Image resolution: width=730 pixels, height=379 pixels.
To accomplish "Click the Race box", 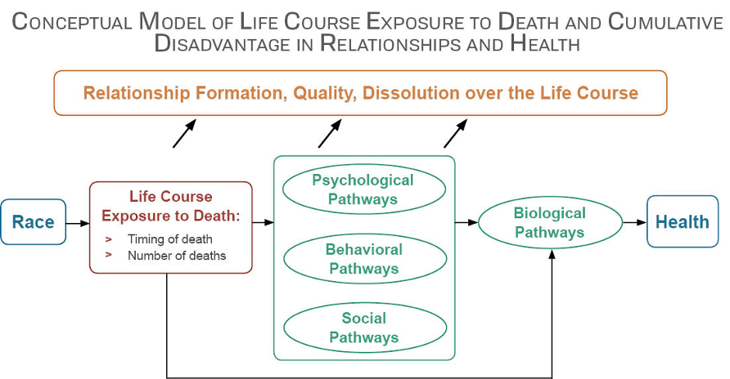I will point(33,222).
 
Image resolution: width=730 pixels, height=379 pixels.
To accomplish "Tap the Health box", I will point(683,222).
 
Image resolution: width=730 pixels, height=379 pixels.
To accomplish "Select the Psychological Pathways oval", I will point(364,189).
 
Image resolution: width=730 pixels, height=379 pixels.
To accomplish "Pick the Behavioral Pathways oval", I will point(364,258).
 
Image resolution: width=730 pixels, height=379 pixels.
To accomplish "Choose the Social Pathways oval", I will point(364,328).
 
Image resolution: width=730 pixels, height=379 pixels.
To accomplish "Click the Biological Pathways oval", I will point(550,222).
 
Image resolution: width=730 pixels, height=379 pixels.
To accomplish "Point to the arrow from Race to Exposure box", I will point(77,222).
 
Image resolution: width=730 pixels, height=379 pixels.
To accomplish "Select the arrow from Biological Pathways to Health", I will point(634,222).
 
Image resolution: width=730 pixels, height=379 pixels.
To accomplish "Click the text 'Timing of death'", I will point(170,239).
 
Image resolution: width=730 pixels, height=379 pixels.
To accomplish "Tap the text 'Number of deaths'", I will point(177,256).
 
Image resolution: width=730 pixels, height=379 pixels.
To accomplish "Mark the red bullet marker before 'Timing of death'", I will point(108,239).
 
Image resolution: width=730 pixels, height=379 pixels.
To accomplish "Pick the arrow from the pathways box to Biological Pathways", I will point(466,222).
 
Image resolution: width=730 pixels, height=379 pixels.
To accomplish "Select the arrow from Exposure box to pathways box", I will point(263,222).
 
